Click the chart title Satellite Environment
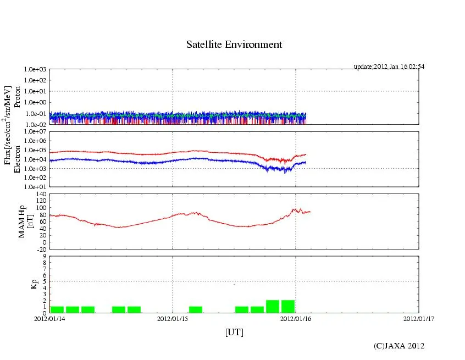234,45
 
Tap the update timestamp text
389,67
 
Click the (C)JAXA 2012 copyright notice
399,346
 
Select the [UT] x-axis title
234,332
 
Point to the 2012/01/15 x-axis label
173,318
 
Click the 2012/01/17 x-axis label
418,318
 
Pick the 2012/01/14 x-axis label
49,318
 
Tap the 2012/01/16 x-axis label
296,318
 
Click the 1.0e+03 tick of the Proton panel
35,70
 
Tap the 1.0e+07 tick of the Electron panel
35,132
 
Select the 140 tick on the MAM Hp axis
40,194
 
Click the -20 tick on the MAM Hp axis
40,249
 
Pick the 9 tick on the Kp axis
45,256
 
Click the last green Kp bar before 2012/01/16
288,306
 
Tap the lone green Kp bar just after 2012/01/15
196,309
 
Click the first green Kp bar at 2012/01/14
57,309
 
